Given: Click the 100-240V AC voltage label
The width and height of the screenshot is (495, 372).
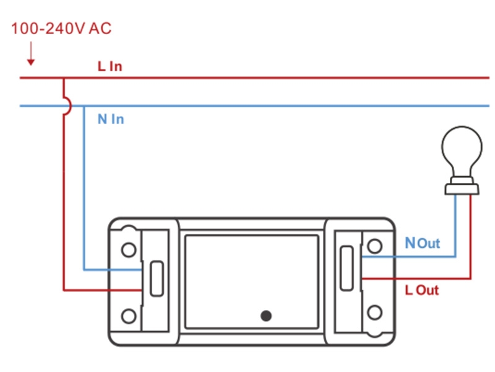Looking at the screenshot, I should (61, 29).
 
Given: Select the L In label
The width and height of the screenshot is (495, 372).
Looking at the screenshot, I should (110, 66).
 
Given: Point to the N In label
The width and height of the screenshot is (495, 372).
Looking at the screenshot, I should (111, 119).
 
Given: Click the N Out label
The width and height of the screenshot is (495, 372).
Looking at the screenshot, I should (422, 243).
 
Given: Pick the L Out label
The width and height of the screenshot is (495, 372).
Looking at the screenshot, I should (422, 290).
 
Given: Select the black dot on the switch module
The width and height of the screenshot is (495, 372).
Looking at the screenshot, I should (266, 315).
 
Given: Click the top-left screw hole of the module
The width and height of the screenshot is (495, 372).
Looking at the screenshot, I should (129, 249).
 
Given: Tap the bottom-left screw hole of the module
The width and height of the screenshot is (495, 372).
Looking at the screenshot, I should (129, 316).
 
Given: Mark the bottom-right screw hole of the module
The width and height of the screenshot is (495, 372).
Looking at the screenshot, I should (374, 311).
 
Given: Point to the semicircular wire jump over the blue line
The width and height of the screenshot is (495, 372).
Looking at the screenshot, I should (67, 106).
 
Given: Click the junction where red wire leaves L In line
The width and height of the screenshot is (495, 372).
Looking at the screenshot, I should (64, 78).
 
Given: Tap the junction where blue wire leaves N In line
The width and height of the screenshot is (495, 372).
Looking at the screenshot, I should (84, 106).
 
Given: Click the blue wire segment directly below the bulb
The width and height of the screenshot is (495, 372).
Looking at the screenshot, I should (455, 223).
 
